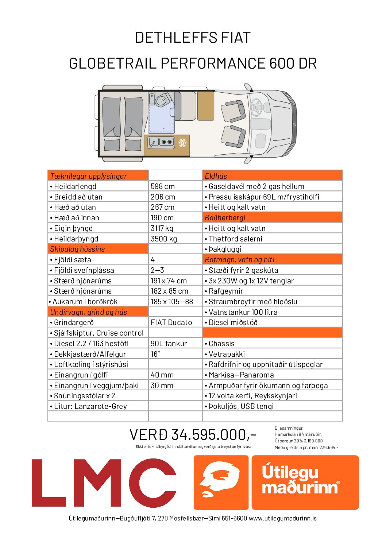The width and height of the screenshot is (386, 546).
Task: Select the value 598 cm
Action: click(163, 186)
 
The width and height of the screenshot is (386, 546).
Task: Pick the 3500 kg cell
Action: click(164, 239)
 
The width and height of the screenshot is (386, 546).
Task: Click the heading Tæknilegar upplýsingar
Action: click(89, 176)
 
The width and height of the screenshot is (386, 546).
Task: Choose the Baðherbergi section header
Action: click(225, 218)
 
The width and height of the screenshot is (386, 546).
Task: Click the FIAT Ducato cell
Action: click(171, 322)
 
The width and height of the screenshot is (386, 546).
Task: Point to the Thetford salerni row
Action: click(235, 239)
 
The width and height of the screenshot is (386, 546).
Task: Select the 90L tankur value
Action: click(169, 344)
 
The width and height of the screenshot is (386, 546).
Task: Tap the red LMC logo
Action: click(104, 483)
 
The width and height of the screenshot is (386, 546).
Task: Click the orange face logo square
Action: click(221, 483)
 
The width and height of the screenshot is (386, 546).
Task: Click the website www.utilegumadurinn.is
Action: click(283, 518)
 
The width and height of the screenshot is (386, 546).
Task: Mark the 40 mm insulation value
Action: click(162, 375)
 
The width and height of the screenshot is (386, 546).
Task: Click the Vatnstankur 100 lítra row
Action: click(243, 312)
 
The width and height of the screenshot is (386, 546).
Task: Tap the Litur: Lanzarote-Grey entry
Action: click(90, 406)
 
